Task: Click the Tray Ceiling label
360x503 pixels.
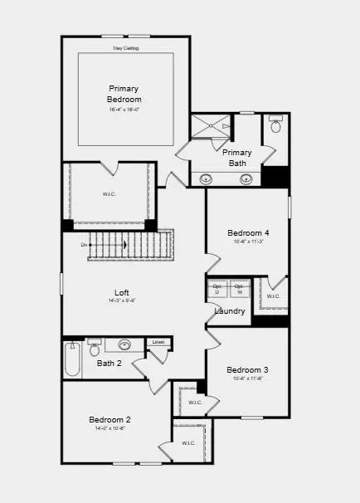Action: point(126,48)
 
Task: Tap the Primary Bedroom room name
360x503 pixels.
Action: point(124,94)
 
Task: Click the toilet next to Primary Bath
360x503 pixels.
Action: point(276,128)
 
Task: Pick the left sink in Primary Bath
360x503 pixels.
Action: point(205,178)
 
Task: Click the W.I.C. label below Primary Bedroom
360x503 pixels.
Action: point(109,194)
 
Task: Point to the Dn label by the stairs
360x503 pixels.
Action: point(85,245)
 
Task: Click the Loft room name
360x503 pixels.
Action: point(122,292)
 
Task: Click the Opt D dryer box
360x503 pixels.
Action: point(217,289)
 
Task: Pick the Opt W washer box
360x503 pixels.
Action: point(240,289)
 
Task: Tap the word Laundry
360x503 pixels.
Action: point(230,311)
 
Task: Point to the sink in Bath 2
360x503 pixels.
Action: point(124,344)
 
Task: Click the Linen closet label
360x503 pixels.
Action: point(158,342)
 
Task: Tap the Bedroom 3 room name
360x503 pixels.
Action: point(247,369)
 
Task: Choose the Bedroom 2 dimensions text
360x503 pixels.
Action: point(110,429)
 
